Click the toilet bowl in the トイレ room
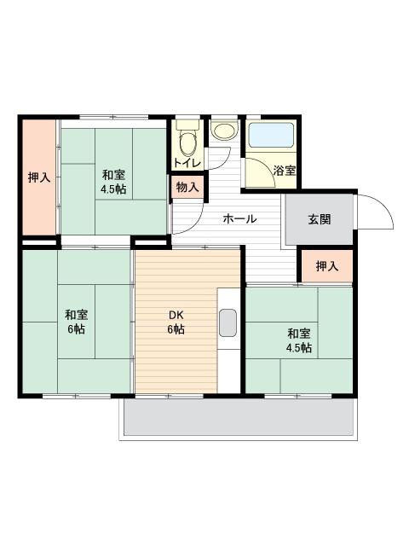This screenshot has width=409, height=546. click(x=187, y=143)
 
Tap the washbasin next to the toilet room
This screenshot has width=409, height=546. click(x=225, y=131)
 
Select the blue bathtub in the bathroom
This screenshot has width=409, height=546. click(x=271, y=135)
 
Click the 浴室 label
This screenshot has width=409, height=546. click(x=285, y=171)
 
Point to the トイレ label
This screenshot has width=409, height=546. click(x=187, y=163)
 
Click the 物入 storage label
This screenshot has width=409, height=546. click(x=187, y=188)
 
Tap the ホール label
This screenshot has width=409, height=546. click(x=239, y=218)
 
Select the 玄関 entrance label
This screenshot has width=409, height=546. click(x=320, y=219)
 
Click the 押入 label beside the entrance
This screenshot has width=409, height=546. click(x=327, y=266)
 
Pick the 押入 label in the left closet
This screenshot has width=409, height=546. click(x=39, y=177)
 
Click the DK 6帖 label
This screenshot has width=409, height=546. click(x=176, y=322)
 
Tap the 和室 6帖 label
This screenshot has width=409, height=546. click(x=77, y=322)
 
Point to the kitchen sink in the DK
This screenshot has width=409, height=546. click(x=228, y=322)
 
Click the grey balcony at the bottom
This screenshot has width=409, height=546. click(x=239, y=417)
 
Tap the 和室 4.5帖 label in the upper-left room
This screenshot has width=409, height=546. click(x=113, y=182)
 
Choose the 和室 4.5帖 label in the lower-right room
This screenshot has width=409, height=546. click(x=299, y=340)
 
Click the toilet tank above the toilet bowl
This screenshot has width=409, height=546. click(x=187, y=125)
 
